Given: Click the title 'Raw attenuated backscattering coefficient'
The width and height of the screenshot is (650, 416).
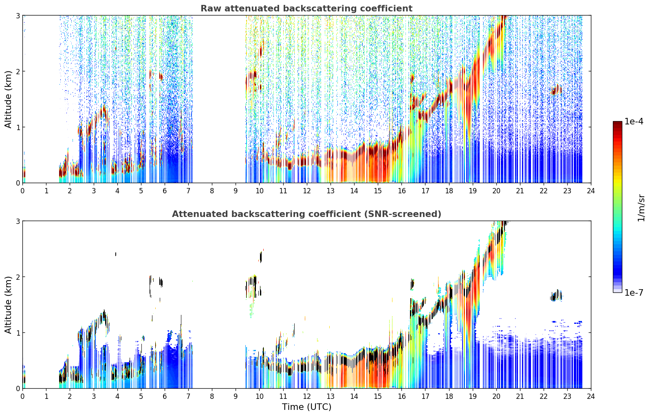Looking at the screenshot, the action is pos(306,9).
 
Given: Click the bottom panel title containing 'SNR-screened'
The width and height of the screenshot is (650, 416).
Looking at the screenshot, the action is pos(306,214).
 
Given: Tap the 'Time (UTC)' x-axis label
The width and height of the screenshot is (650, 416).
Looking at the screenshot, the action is pos(306,407).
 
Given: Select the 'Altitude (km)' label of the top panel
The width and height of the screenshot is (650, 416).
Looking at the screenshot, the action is pos(8,99).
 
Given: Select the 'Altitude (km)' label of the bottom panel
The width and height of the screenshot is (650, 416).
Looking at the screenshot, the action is pos(8,305).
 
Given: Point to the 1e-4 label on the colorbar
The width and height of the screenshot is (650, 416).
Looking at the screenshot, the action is pos(634,122).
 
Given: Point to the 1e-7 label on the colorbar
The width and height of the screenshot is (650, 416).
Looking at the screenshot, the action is pos(634,292).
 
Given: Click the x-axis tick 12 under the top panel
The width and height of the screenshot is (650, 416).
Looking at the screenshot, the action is pos(307,191).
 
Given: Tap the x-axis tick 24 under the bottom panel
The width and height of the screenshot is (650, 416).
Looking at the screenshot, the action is pos(591,396).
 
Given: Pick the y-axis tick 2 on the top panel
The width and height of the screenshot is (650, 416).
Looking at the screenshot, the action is pos(18,71).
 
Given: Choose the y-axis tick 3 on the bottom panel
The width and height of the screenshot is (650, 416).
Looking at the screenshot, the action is pos(18,221).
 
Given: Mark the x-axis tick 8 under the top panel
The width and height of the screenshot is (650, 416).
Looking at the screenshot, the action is pos(212,191).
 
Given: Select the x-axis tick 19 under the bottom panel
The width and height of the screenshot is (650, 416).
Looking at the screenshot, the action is pos(473,396).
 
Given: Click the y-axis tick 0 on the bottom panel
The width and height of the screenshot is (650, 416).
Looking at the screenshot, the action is pos(18,388).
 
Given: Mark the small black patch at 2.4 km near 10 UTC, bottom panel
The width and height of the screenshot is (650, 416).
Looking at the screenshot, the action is pos(261,257).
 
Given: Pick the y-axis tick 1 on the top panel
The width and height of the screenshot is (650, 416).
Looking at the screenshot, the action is pos(18,127).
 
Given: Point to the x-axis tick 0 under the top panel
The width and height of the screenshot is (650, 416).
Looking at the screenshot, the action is pos(23,191).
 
